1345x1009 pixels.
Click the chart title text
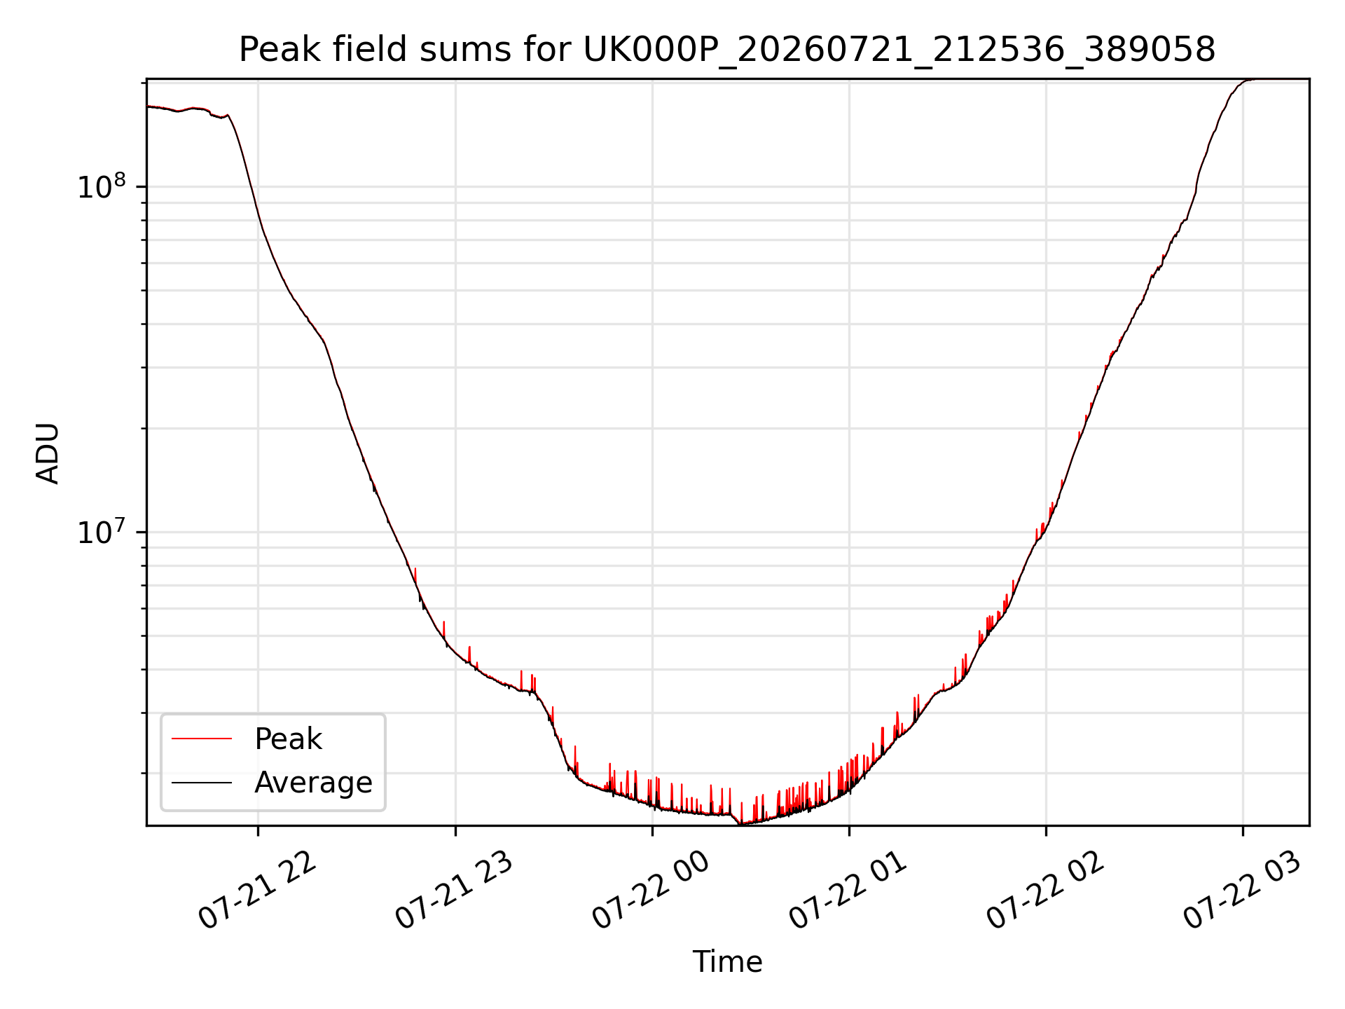727,50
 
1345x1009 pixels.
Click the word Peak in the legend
288,739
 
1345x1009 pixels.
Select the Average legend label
313,783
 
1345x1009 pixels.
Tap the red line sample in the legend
202,739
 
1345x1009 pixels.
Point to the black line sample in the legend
202,782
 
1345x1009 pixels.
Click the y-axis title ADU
48,453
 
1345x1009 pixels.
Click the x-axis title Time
727,962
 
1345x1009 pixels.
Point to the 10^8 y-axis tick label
102,186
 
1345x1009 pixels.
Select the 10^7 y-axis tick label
102,531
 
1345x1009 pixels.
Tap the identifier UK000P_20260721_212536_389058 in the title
899,50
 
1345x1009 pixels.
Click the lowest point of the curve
740,824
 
